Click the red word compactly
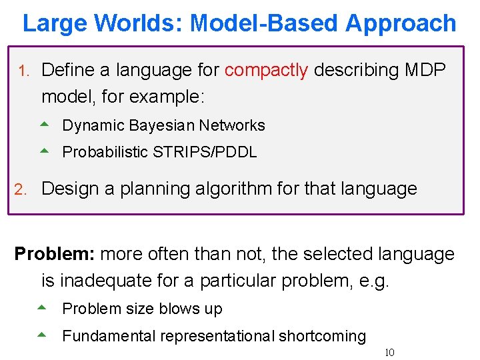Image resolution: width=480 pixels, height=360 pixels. [266, 70]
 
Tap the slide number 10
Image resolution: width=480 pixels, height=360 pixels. [389, 352]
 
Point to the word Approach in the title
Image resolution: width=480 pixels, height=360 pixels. [401, 23]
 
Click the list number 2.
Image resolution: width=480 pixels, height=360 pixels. [21, 189]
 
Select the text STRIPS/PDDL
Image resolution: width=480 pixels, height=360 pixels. [205, 152]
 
